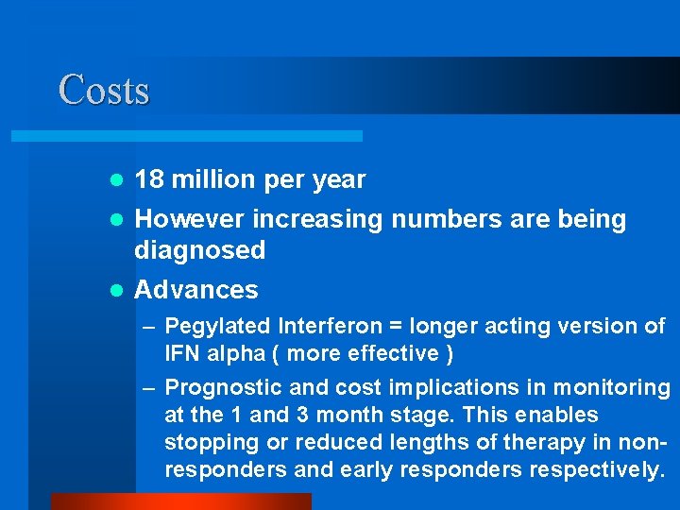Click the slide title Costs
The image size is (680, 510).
[x=104, y=91]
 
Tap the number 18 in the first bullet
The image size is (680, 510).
[x=148, y=179]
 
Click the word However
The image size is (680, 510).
[x=192, y=219]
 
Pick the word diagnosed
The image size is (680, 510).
[x=199, y=250]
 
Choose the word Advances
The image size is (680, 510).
[x=196, y=290]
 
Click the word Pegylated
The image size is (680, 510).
[x=217, y=327]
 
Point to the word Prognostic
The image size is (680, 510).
[x=221, y=387]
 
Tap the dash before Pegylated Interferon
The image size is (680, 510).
[x=148, y=327]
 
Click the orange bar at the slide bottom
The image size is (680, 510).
[x=180, y=501]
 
